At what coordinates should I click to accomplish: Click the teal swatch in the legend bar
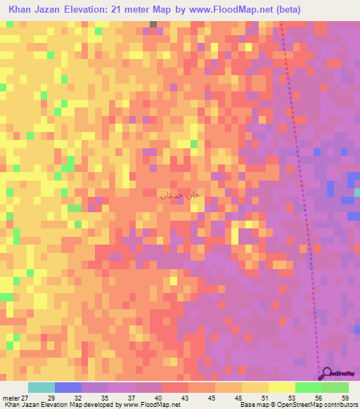tap(41, 388)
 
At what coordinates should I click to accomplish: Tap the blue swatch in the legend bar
tap(68, 388)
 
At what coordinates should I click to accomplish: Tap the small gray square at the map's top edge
tap(153, 24)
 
